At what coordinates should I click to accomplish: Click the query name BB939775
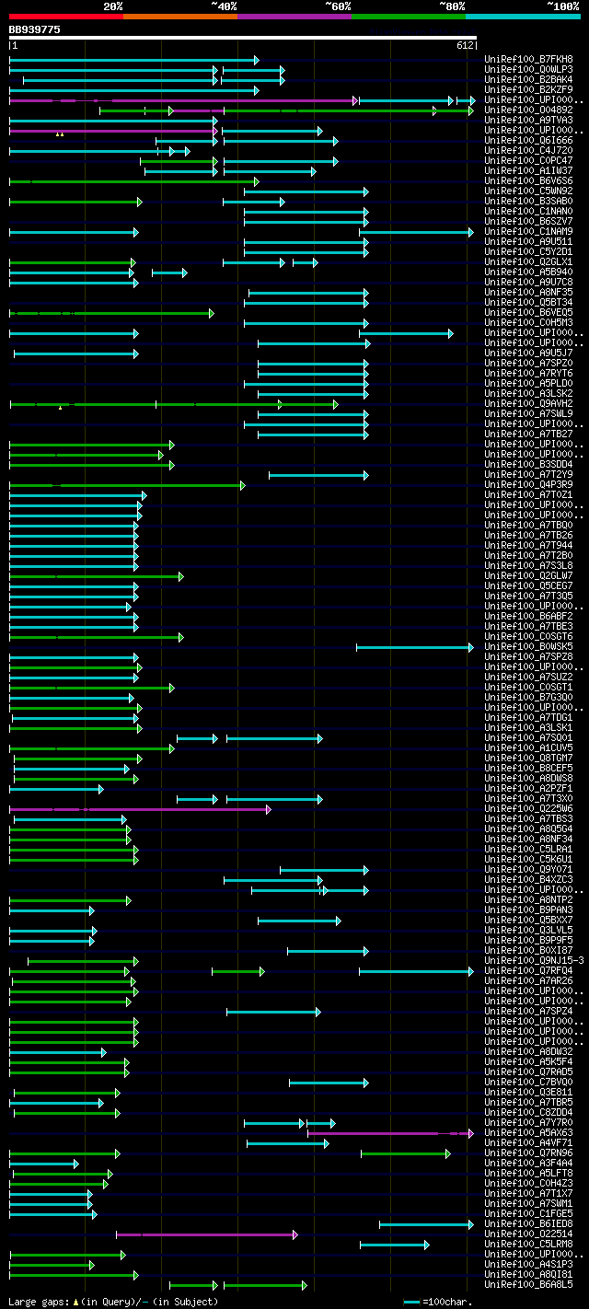[x=35, y=29]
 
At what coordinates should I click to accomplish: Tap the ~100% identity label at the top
[x=562, y=6]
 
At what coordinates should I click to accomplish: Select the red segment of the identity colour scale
[x=65, y=17]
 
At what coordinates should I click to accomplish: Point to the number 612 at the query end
[x=465, y=45]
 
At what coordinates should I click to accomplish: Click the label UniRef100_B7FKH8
[x=527, y=60]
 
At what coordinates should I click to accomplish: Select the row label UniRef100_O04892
[x=527, y=110]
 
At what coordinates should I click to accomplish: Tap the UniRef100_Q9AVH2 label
[x=527, y=404]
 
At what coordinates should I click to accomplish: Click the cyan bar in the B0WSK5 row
[x=414, y=647]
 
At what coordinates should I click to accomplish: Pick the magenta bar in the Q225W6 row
[x=138, y=809]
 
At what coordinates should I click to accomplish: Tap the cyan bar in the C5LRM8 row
[x=393, y=1245]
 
